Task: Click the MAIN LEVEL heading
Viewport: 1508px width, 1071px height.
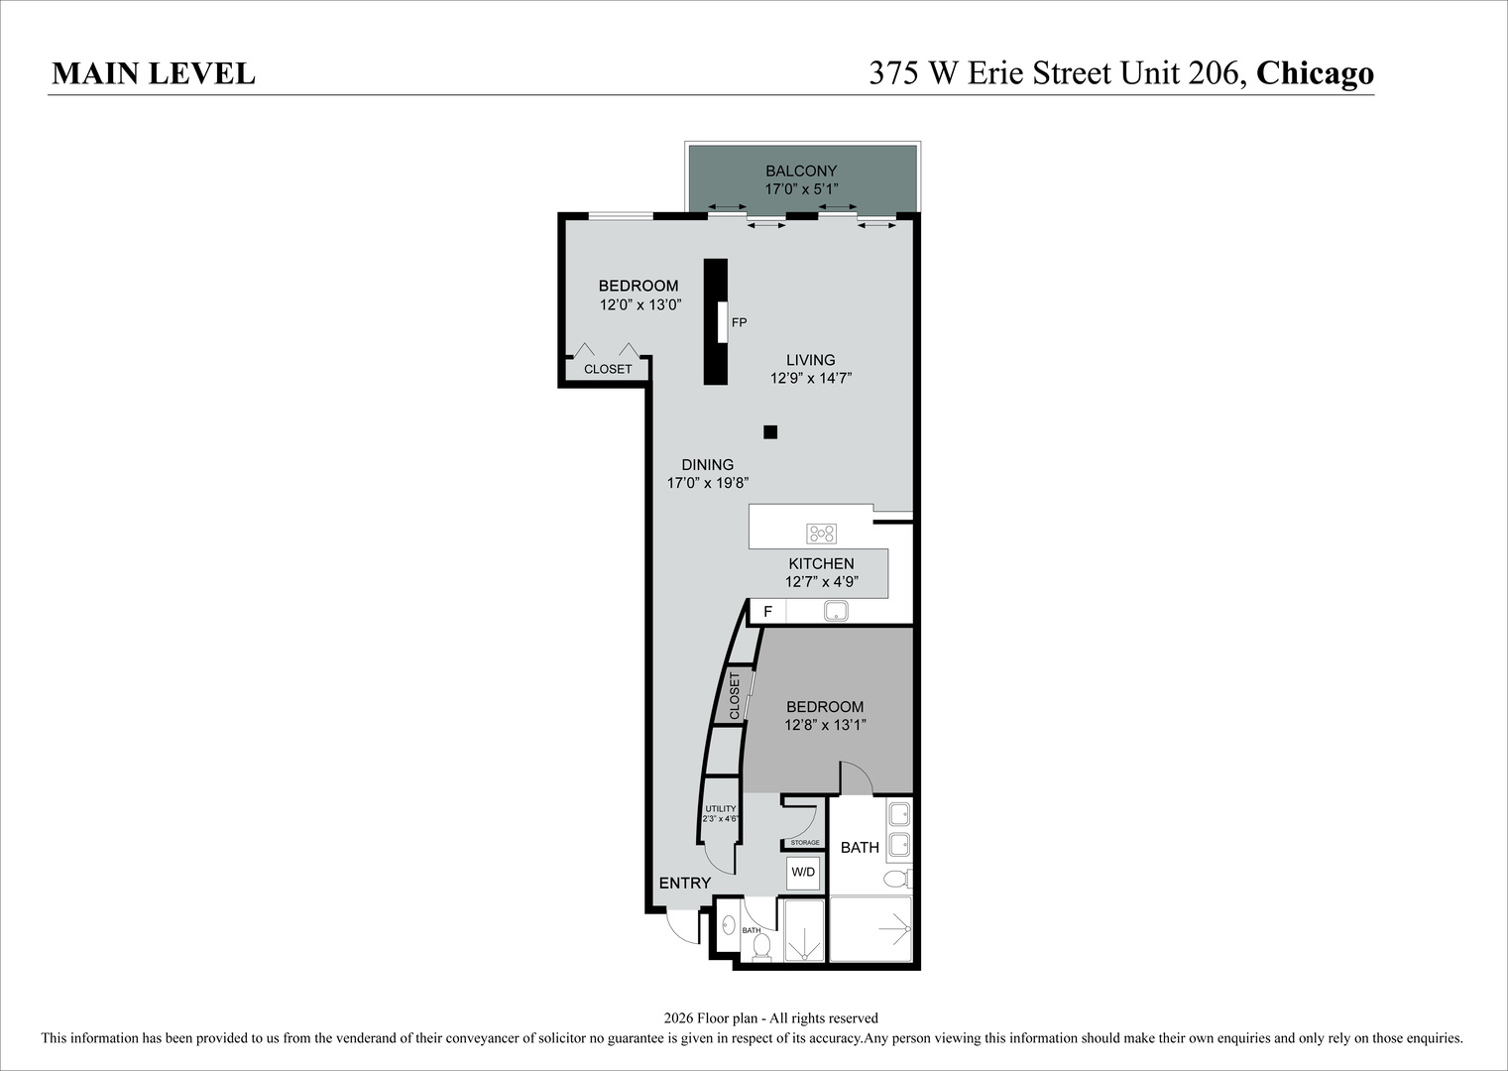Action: point(154,74)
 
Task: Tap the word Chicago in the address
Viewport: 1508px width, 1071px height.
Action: point(1315,74)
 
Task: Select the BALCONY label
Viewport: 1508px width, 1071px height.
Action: point(801,171)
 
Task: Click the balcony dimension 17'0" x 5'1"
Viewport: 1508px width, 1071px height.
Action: point(801,189)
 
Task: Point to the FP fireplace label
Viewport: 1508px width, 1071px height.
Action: point(740,322)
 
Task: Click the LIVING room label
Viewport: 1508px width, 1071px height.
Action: point(811,360)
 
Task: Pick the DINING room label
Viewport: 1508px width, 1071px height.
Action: point(708,464)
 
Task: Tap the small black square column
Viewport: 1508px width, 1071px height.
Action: point(770,432)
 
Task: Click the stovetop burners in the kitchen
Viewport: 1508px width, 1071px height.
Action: point(822,534)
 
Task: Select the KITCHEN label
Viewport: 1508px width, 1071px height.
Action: point(821,563)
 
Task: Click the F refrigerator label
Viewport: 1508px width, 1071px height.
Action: point(767,612)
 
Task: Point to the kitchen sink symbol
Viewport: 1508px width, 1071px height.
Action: point(836,611)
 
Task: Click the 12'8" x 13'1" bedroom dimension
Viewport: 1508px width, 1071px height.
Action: point(825,725)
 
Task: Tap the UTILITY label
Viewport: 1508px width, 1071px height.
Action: point(721,808)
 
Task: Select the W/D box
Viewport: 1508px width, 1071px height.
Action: point(803,873)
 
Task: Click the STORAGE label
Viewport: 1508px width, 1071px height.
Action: point(805,843)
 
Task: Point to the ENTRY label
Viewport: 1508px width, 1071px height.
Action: point(685,884)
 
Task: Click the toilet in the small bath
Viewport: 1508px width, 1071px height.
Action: point(761,947)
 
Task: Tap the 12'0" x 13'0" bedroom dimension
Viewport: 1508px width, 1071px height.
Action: point(640,305)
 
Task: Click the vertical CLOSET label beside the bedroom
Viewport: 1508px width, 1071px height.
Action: point(735,696)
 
